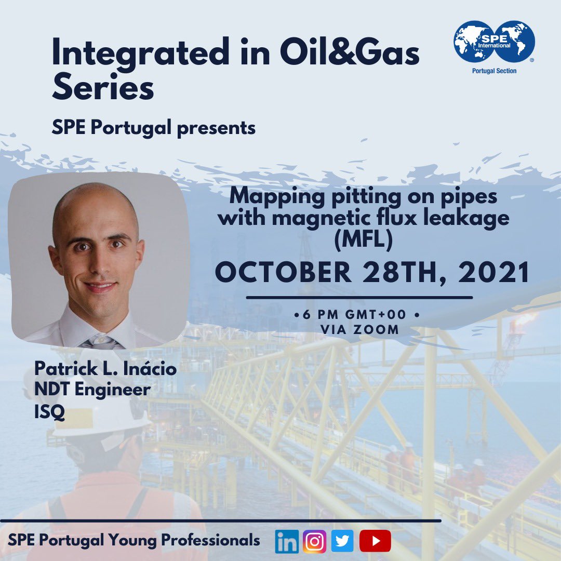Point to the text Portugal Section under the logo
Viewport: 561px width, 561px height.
[x=494, y=71]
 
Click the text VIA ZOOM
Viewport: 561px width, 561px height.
[x=359, y=329]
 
